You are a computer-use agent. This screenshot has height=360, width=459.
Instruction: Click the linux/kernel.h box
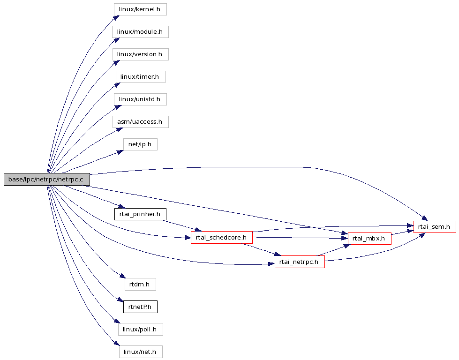point(140,9)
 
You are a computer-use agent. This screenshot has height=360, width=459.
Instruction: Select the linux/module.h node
point(140,31)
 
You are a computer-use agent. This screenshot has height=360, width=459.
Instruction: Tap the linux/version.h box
point(140,54)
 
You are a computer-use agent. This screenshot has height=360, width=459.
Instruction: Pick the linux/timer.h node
point(140,77)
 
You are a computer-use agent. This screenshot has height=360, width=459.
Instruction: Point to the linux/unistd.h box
point(140,99)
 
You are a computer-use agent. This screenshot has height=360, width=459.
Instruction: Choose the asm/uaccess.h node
point(140,122)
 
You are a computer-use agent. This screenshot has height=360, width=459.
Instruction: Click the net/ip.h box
point(140,144)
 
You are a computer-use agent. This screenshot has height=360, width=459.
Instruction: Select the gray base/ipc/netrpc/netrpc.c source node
point(47,180)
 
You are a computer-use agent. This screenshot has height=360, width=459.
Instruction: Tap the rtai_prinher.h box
point(140,214)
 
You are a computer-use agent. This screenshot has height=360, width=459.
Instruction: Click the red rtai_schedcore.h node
point(222,237)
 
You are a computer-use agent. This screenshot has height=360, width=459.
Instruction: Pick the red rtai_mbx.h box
point(369,239)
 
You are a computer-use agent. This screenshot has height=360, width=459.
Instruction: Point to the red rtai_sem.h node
point(435,227)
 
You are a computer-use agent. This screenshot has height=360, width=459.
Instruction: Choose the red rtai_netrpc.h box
point(300,262)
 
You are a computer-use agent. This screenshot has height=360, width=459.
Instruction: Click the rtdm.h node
point(140,284)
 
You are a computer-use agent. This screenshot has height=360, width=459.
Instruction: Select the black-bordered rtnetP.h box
point(140,307)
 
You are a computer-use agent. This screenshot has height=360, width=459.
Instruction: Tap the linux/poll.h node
point(141,329)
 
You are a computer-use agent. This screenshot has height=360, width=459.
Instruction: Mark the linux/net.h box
point(141,352)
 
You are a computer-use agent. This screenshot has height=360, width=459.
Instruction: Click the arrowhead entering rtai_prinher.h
point(122,206)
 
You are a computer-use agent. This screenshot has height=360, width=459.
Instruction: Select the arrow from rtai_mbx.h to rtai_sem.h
point(402,232)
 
